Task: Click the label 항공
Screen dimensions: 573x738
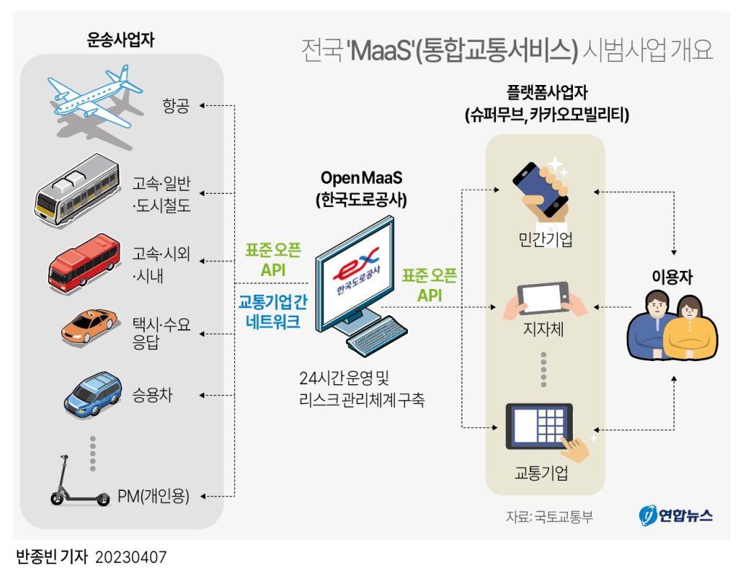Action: pyautogui.click(x=175, y=107)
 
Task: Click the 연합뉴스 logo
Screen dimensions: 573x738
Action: pyautogui.click(x=675, y=515)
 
